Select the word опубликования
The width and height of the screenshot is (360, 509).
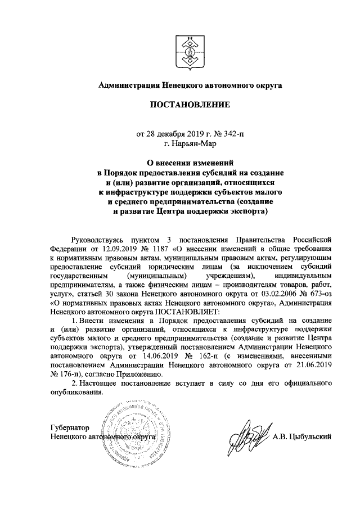(76, 392)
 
